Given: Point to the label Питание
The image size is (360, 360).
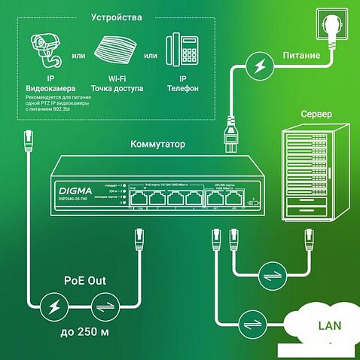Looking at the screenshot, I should [x=301, y=55].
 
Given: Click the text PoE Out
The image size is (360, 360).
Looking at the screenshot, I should [x=84, y=281].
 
